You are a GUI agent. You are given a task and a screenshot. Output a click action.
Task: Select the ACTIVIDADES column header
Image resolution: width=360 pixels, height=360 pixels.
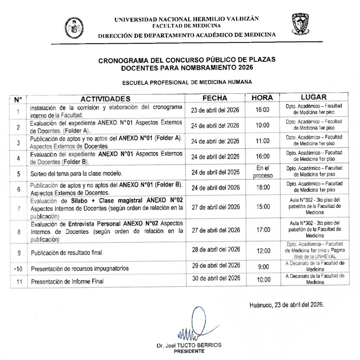point(106,99)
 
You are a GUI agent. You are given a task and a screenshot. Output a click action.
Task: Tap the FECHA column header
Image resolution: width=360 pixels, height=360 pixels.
point(215,98)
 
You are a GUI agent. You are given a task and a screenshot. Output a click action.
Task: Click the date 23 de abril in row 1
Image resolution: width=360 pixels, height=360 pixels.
point(215,110)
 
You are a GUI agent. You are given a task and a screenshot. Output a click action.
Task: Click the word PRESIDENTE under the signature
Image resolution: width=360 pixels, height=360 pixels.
point(189,351)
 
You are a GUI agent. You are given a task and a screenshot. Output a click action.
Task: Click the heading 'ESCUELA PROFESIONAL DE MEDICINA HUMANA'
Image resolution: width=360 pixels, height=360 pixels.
point(187,83)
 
